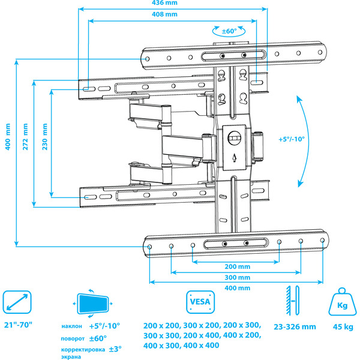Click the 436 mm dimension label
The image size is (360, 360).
click(172, 4)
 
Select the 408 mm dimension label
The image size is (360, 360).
click(172, 14)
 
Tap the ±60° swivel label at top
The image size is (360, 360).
click(229, 30)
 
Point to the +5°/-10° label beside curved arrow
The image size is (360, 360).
click(292, 138)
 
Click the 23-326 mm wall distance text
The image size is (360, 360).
click(295, 328)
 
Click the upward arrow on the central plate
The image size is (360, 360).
click(235, 158)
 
